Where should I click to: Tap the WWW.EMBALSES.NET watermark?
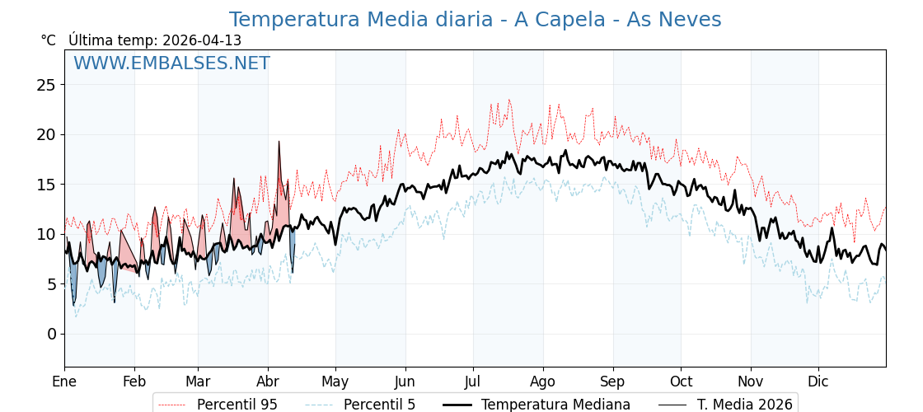[x=171, y=63]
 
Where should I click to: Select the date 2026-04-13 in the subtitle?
[x=202, y=40]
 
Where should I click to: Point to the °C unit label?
[x=49, y=40]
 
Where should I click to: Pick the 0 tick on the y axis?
[x=51, y=334]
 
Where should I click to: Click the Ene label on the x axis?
[x=64, y=382]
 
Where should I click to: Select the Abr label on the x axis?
[x=268, y=382]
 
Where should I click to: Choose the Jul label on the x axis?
[x=473, y=382]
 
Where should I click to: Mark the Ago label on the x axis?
[x=543, y=382]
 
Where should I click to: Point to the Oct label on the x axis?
[x=681, y=382]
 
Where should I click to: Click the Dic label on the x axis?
[x=818, y=382]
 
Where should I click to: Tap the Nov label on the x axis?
[x=751, y=382]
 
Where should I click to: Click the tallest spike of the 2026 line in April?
[x=279, y=142]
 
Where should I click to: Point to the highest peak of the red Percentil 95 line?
[x=509, y=101]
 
